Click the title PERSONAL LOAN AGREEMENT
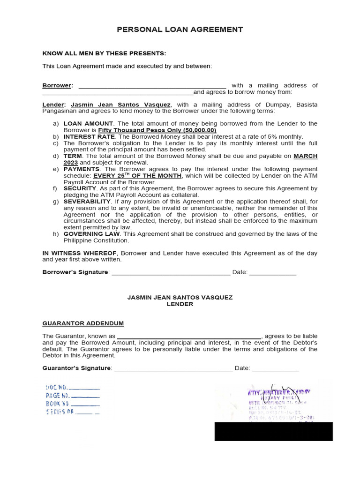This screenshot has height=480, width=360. tap(180, 30)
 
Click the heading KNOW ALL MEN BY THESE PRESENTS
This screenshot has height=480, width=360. tap(104, 53)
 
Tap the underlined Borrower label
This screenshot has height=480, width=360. tap(57, 85)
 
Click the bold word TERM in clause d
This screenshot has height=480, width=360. tap(73, 156)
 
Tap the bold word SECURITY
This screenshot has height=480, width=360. tap(80, 188)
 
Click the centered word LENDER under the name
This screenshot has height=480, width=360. tap(180, 304)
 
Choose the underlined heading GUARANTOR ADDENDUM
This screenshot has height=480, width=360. tap(83, 323)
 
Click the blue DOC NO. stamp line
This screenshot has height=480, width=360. tap(73, 388)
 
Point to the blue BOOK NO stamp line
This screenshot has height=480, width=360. tap(73, 404)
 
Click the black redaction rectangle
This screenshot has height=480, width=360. tap(273, 431)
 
